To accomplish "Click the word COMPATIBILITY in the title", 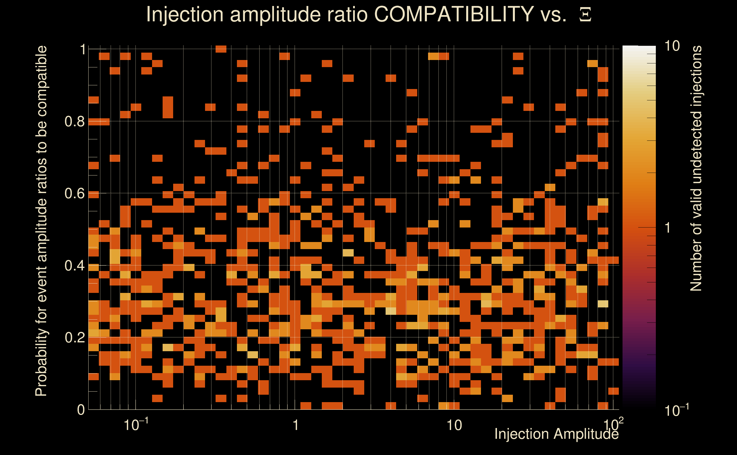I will coord(454,14).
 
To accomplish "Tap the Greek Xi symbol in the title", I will coord(585,15).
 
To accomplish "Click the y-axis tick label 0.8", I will coord(75,122).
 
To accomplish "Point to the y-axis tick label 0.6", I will coord(75,193).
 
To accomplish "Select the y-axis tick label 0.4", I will coord(75,266).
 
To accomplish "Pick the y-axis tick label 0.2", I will coord(75,338).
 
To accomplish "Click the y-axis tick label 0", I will coord(81,410).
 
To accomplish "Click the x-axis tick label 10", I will coord(454,425).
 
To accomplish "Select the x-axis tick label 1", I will coord(296,425).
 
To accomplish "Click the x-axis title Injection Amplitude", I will coord(556,434).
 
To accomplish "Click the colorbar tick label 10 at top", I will coord(672,46).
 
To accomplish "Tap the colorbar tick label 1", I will coord(668,228).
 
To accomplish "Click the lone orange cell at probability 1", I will coord(221,49).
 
